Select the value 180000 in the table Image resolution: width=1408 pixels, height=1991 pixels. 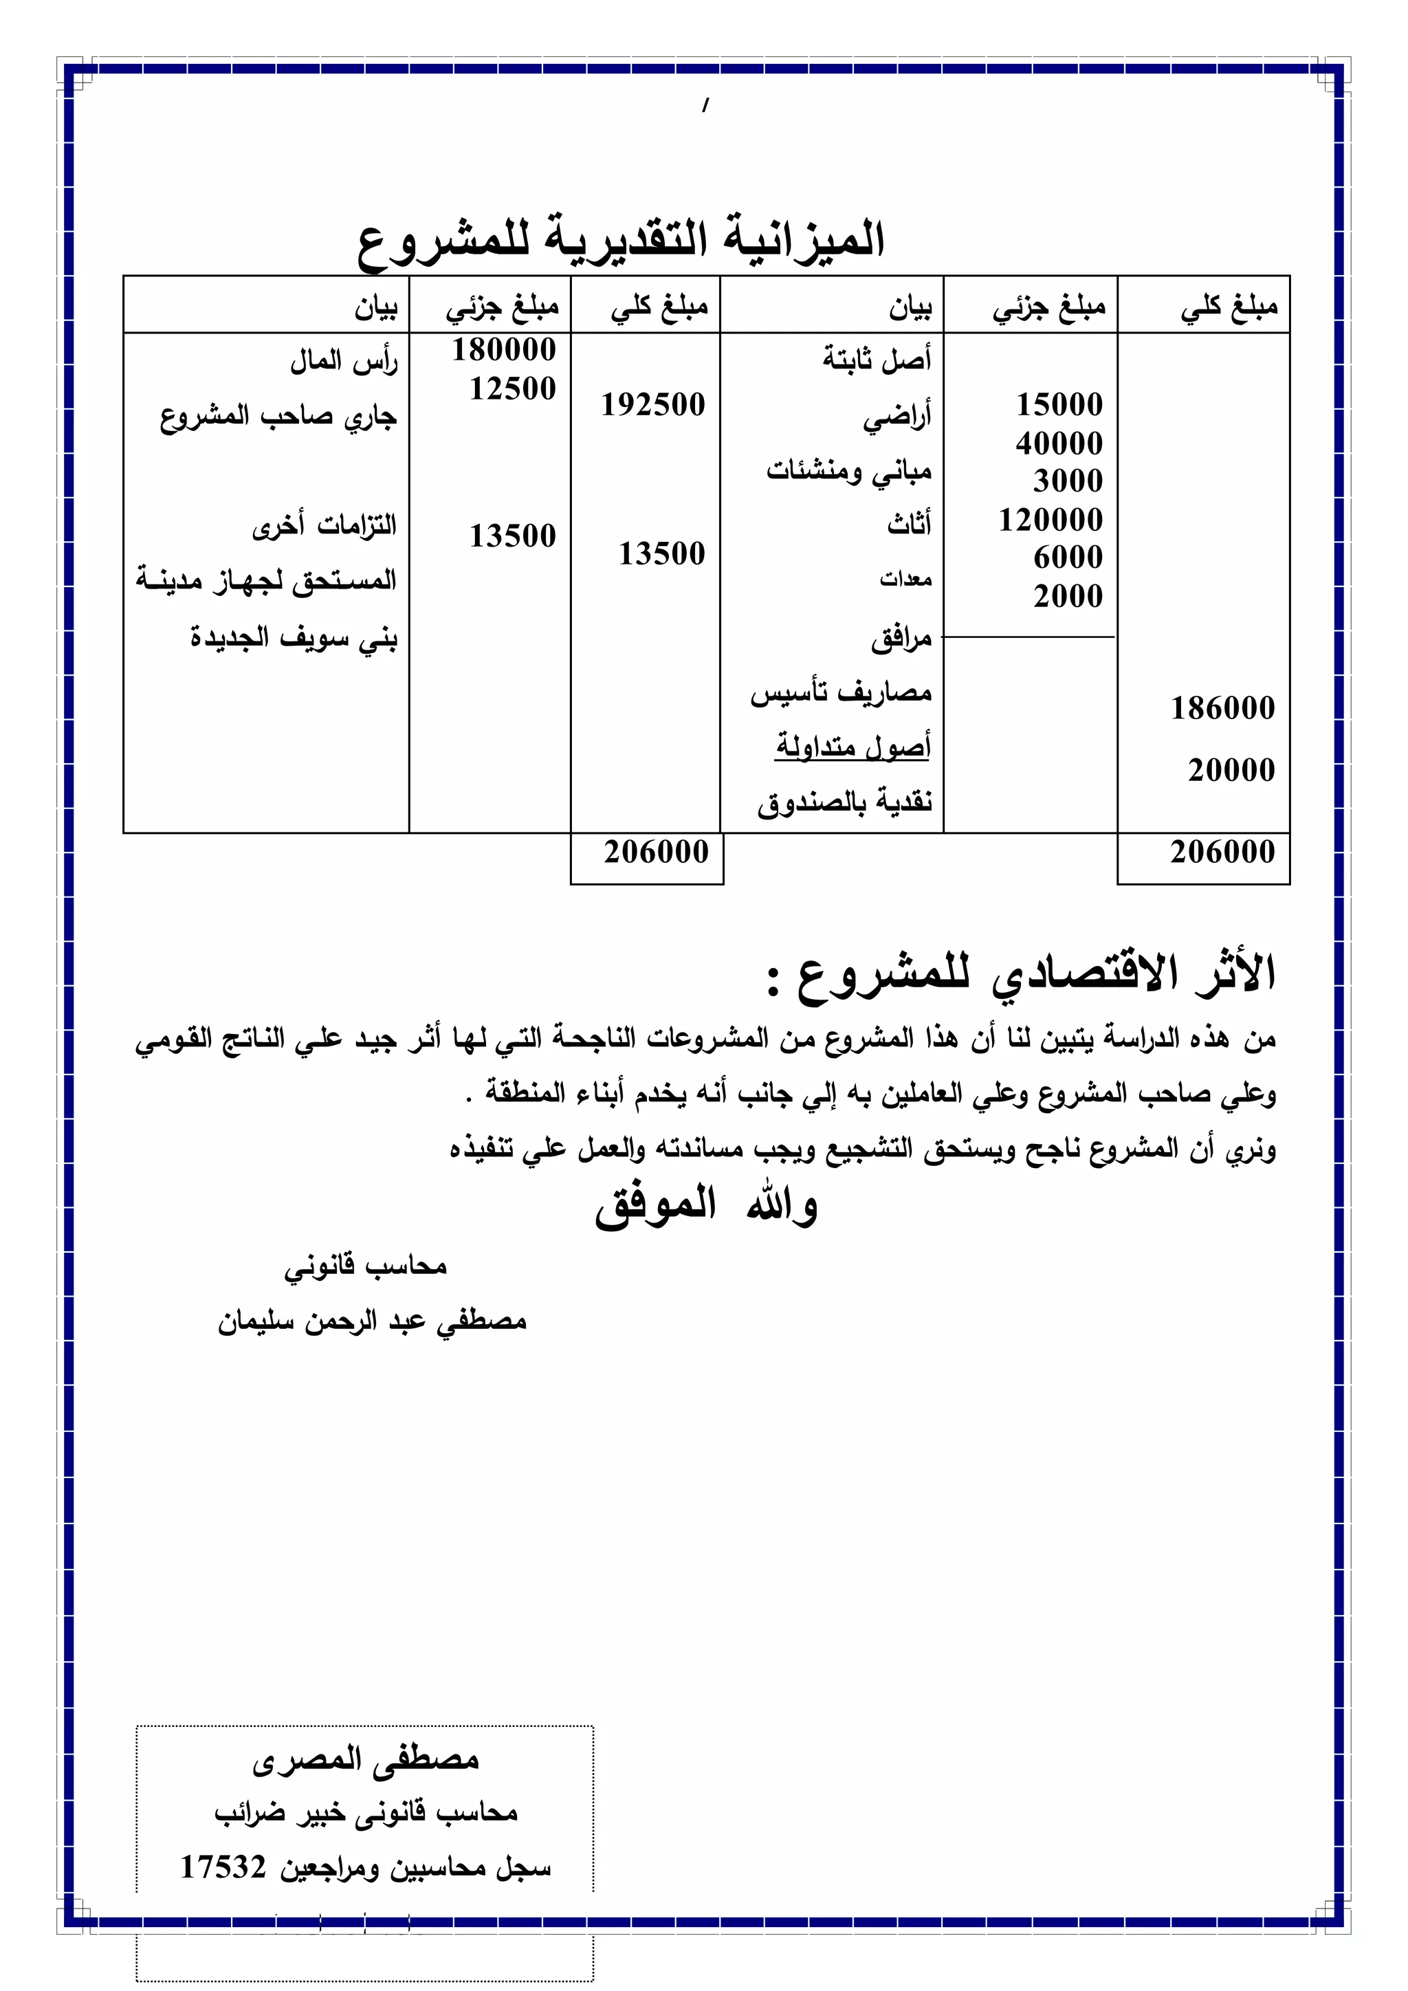pos(504,349)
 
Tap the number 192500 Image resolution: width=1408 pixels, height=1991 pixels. pos(653,405)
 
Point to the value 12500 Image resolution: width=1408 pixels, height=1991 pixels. pos(512,388)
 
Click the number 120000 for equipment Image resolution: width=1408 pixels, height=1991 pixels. pos(1050,520)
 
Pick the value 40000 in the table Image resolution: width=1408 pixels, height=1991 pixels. pos(1059,443)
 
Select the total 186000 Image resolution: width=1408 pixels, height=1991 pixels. pos(1222,709)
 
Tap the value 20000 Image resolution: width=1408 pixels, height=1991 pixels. pos(1231,770)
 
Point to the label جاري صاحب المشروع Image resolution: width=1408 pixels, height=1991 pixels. pos(278,417)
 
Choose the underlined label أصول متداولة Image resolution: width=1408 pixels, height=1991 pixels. pos(853,746)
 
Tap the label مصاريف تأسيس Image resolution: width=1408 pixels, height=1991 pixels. pos(841,693)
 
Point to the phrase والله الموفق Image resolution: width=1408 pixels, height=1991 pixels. pos(706,1205)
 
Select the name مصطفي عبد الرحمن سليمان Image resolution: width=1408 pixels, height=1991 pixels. pos(372,1321)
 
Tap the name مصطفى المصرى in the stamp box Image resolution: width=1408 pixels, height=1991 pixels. pos(365,1758)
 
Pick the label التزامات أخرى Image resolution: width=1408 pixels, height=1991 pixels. pos(324,525)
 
